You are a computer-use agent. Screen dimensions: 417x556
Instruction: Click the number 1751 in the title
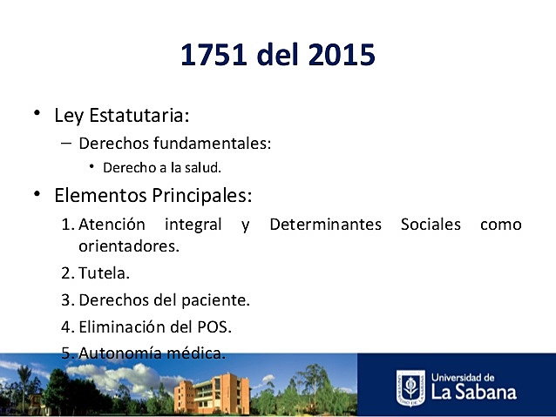[x=214, y=55]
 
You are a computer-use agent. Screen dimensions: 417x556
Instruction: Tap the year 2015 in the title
[x=341, y=55]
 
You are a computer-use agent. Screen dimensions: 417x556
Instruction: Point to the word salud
[x=191, y=167]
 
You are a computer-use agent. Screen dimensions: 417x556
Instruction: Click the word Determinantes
[x=325, y=225]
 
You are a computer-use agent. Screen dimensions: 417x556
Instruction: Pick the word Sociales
[x=431, y=225]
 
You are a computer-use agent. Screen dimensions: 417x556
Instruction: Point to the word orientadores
[x=128, y=245]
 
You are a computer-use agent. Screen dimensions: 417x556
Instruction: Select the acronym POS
[x=214, y=327]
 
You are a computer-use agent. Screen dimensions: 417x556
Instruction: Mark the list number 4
[x=66, y=327]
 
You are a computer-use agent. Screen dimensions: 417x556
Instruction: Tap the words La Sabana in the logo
[x=474, y=392]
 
